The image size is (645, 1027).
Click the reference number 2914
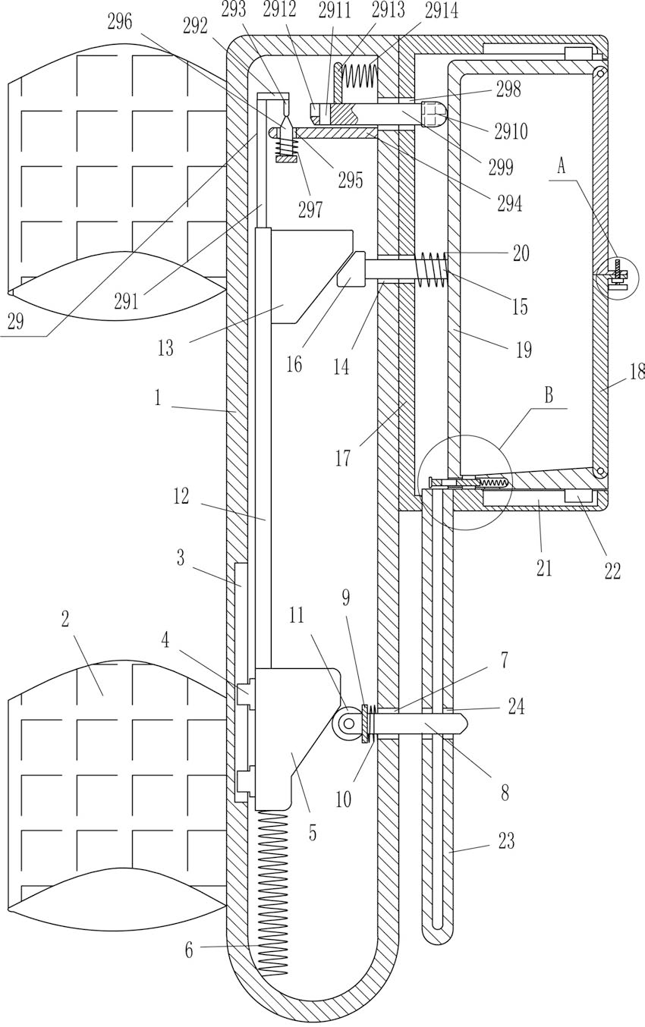click(442, 10)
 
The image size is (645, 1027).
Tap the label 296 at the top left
click(120, 22)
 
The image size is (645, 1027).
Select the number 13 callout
click(165, 348)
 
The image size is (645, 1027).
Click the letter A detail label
click(562, 165)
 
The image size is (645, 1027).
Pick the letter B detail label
click(549, 395)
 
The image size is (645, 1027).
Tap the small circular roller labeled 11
click(348, 724)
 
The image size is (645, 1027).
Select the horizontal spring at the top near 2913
click(360, 75)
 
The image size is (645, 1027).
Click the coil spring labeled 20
click(432, 270)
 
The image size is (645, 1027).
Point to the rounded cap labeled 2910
click(434, 115)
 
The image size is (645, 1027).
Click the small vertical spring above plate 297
click(286, 147)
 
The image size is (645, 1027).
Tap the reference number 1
click(158, 397)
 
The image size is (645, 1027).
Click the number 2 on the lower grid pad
click(65, 620)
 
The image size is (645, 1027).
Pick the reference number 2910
click(511, 131)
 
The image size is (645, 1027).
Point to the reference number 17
click(343, 458)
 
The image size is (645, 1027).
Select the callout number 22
click(612, 571)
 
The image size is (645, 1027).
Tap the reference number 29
click(15, 322)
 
